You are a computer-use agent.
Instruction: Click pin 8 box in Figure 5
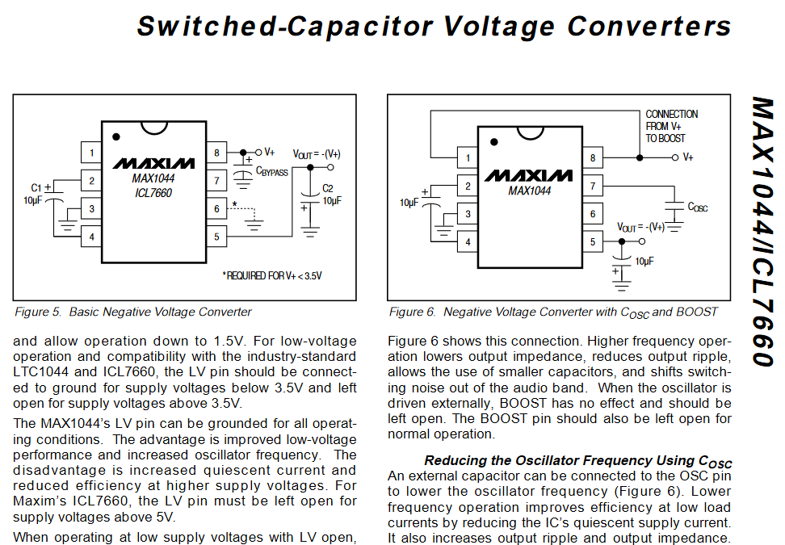216,153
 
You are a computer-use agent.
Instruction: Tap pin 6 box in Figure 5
216,208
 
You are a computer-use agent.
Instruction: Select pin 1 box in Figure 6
468,157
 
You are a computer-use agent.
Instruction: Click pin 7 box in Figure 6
593,186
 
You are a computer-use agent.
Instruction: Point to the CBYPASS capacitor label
272,172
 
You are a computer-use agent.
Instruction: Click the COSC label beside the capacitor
698,208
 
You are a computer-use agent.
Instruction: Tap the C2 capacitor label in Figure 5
327,188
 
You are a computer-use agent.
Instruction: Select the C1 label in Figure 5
36,187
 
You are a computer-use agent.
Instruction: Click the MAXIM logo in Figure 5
153,164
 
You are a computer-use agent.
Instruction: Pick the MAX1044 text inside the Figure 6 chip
530,191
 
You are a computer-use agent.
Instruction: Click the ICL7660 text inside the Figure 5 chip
153,193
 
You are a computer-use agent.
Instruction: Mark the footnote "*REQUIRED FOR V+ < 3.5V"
272,276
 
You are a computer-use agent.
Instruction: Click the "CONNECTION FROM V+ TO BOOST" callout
671,126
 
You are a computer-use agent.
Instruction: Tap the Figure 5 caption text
132,312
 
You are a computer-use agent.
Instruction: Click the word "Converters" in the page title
649,26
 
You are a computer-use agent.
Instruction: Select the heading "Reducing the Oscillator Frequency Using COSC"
578,461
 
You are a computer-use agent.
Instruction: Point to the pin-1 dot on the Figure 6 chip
494,142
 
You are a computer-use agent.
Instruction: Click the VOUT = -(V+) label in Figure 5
317,154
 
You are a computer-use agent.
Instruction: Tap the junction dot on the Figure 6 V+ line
640,157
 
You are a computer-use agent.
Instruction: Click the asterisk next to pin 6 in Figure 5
234,203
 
